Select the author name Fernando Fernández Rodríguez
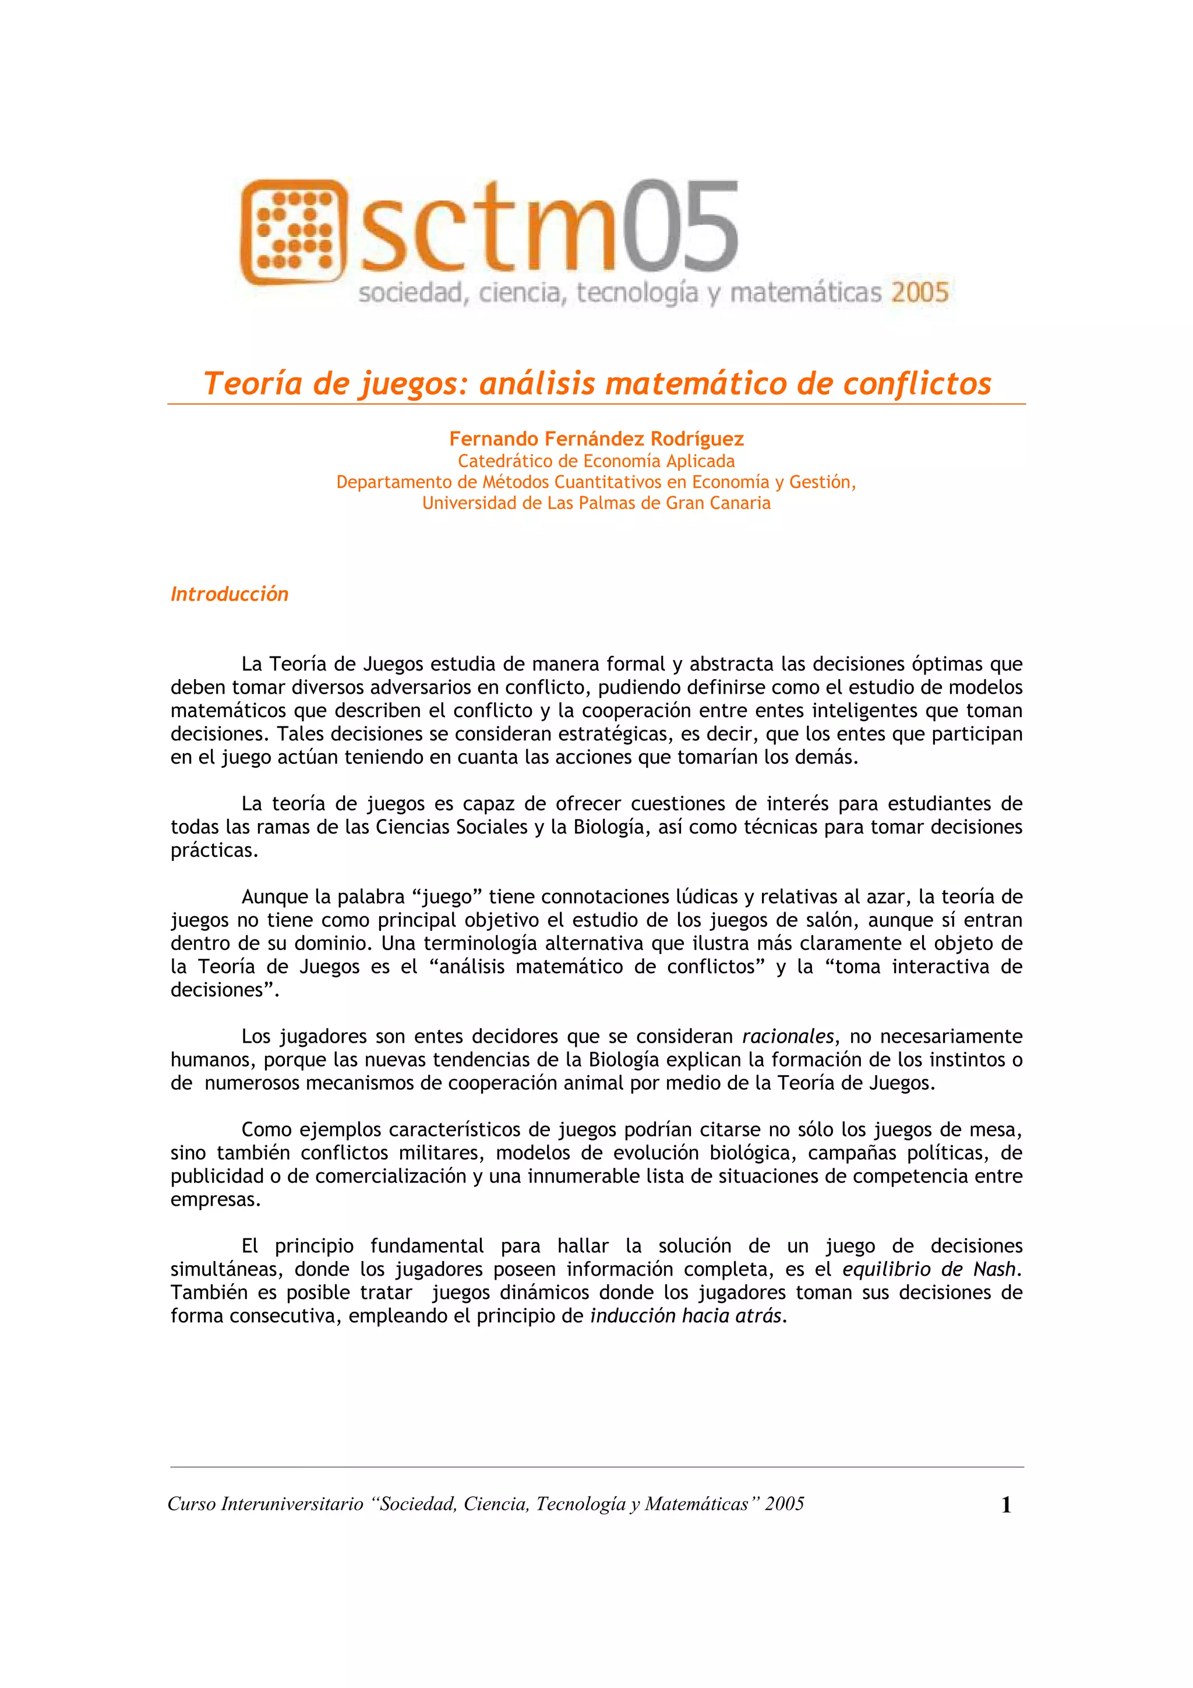tap(596, 439)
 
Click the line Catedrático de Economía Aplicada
tap(596, 461)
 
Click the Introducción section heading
tap(230, 594)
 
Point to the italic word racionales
tap(787, 1037)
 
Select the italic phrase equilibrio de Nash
tap(929, 1269)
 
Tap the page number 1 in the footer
tap(1005, 1505)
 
